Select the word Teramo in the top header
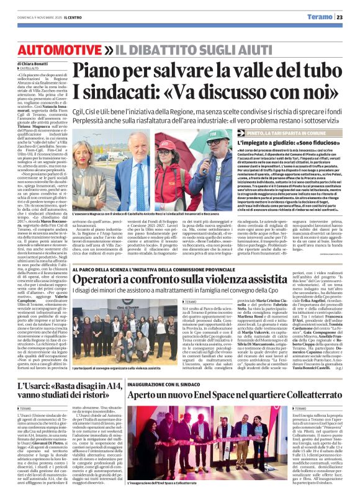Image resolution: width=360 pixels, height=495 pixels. pos(323,17)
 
